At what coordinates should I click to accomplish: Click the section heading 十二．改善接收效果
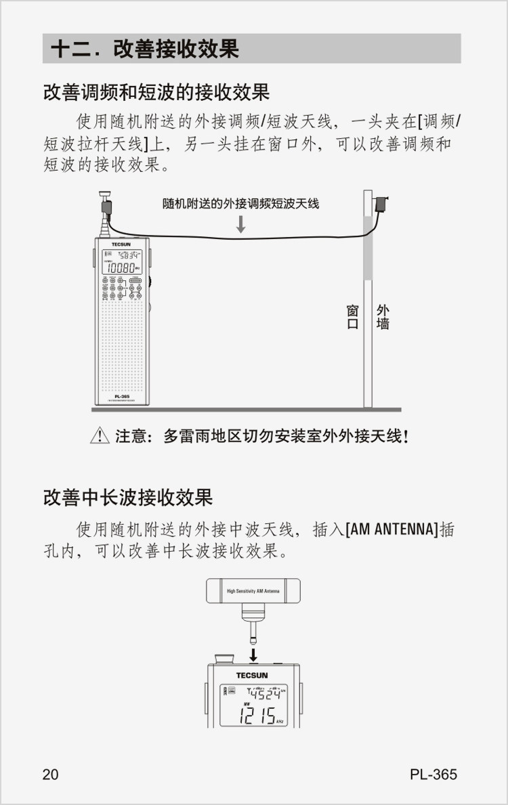(145, 49)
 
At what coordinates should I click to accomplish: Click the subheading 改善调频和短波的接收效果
(156, 91)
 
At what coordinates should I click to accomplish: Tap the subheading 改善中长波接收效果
(128, 498)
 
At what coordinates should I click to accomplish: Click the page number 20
(51, 775)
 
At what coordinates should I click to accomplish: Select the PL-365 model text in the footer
(433, 775)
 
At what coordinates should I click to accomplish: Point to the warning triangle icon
(100, 437)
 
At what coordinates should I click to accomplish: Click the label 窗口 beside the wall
(352, 317)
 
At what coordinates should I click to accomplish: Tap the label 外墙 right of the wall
(383, 317)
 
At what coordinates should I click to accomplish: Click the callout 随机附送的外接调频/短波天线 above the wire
(240, 203)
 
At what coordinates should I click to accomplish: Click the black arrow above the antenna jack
(253, 655)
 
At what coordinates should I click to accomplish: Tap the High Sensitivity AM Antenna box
(253, 591)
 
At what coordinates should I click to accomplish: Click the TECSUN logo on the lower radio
(252, 675)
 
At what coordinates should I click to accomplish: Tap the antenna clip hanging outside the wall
(382, 203)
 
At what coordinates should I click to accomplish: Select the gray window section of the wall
(368, 248)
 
